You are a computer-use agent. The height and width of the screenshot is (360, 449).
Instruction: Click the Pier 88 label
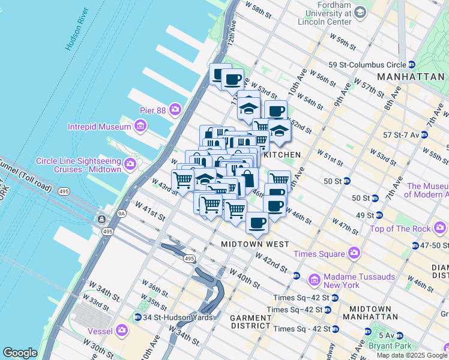[x=144, y=110]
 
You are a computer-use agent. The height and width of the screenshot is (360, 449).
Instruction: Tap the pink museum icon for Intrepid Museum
[x=140, y=127]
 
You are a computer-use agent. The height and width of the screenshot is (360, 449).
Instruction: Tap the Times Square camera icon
[x=354, y=254]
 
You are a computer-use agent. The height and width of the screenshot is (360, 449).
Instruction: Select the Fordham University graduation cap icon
[x=360, y=12]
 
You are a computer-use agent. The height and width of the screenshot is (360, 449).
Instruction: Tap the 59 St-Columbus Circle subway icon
[x=412, y=64]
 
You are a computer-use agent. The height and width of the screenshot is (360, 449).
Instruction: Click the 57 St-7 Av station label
[x=396, y=134]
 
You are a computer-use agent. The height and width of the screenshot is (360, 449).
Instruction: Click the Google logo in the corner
[x=20, y=353]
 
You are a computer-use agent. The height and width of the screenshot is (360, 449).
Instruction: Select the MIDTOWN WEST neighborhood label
[x=255, y=244]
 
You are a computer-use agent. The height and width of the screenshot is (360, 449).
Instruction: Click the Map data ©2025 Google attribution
[x=411, y=355]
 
